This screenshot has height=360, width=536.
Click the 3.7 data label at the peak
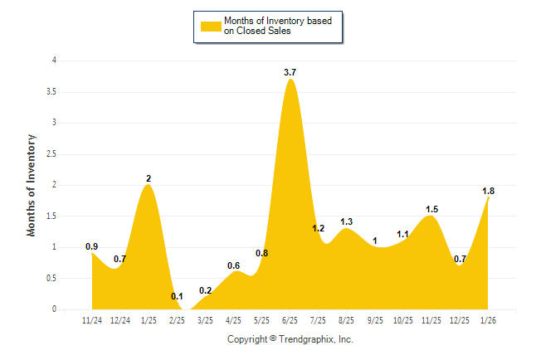coord(290,73)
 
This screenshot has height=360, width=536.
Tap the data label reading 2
coord(149,178)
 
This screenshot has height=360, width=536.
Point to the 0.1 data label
coord(177,297)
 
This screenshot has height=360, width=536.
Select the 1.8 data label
coord(489,191)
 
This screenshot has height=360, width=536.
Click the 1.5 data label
coord(431,209)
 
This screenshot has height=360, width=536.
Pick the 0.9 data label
coord(92,246)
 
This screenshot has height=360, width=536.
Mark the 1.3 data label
coord(347,221)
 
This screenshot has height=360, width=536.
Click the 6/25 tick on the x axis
coord(290,319)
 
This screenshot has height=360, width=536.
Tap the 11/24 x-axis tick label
coord(93,319)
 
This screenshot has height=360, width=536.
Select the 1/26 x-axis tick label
coord(488,319)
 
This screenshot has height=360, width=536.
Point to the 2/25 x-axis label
coord(178,319)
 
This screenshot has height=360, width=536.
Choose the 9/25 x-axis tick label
coord(375,319)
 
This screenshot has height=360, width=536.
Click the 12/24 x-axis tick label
coord(121,319)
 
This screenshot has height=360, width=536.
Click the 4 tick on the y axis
coord(54,61)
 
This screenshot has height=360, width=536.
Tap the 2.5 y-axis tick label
coord(51,154)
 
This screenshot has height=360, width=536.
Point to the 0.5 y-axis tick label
coord(51,279)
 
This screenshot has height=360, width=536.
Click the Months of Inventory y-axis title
coord(32,184)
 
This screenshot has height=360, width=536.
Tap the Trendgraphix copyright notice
coord(290,339)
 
